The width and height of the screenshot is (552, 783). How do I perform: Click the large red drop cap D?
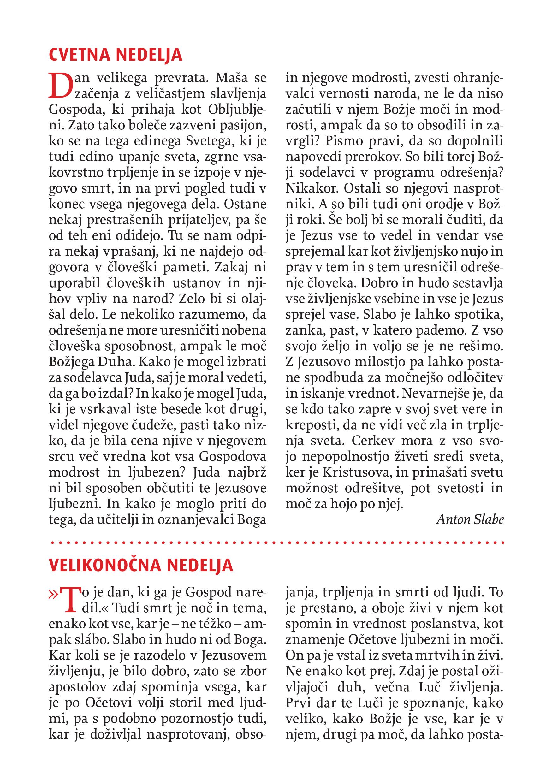pyautogui.click(x=61, y=85)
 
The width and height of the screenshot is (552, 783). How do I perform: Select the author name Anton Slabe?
pyautogui.click(x=470, y=519)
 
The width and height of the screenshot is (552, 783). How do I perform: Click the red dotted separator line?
pyautogui.click(x=276, y=542)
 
